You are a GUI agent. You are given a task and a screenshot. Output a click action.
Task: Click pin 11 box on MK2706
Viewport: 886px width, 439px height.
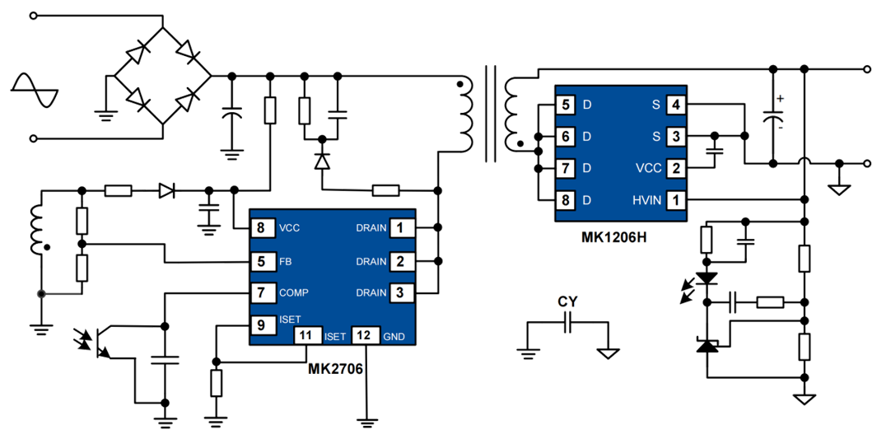coord(307,335)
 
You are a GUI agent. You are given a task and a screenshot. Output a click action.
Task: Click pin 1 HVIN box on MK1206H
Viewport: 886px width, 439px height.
coord(675,199)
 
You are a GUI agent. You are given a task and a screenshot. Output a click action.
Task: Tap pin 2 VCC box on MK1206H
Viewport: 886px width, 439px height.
coord(675,167)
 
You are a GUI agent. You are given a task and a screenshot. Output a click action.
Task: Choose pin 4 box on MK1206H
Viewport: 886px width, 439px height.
coord(675,105)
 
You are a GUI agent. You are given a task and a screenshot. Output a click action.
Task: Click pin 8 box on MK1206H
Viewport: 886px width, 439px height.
coord(564,199)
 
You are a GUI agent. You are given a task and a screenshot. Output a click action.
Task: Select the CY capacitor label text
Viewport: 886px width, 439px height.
coord(567,301)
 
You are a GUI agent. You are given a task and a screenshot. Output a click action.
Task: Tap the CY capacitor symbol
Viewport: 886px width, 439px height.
coord(567,327)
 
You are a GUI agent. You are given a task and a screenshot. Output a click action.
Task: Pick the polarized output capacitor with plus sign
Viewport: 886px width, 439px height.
coord(774,115)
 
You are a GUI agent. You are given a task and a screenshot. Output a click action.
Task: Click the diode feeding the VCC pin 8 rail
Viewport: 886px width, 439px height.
coord(168,192)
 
